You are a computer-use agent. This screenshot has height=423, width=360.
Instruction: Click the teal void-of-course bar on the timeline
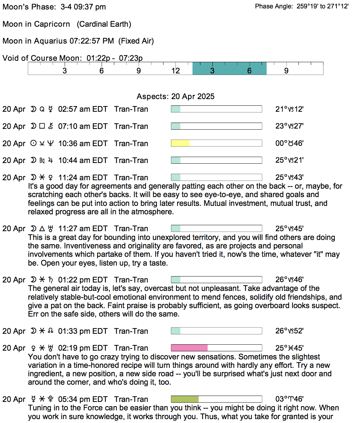pyautogui.click(x=229, y=69)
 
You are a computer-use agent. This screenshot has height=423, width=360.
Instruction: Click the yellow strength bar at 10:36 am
pyautogui.click(x=180, y=143)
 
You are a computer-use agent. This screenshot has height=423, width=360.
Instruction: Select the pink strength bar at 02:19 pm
pyautogui.click(x=189, y=348)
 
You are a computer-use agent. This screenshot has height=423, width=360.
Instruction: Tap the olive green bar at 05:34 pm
pyautogui.click(x=185, y=399)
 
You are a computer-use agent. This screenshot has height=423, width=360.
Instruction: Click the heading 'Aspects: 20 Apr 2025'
pyautogui.click(x=175, y=96)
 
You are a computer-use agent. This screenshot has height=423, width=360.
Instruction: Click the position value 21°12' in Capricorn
pyautogui.click(x=289, y=109)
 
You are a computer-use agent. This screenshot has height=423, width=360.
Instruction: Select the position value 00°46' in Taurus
pyautogui.click(x=289, y=143)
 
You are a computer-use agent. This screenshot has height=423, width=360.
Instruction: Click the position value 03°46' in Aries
pyautogui.click(x=289, y=399)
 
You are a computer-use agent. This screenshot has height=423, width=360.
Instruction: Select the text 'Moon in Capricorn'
pyautogui.click(x=36, y=24)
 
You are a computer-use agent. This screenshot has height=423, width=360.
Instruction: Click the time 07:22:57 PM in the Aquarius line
pyautogui.click(x=92, y=41)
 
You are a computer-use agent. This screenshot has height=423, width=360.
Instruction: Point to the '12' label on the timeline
pyautogui.click(x=175, y=71)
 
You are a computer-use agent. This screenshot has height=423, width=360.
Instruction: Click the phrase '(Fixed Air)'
pyautogui.click(x=136, y=41)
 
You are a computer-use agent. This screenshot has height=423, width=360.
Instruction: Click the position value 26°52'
pyautogui.click(x=289, y=331)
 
